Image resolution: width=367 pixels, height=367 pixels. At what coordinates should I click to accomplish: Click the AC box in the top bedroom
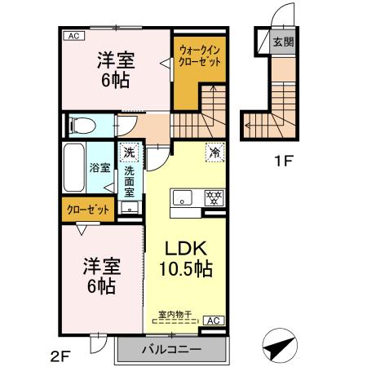[73, 36]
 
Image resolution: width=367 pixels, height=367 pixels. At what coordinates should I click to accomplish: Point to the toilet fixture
[80, 125]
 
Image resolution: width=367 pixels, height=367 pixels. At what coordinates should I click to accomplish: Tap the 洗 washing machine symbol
[129, 152]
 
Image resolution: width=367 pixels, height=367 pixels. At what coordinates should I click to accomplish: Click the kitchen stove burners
[214, 197]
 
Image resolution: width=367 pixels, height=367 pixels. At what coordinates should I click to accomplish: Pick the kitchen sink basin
[181, 197]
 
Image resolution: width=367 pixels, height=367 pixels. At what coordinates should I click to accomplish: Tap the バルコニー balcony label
[172, 351]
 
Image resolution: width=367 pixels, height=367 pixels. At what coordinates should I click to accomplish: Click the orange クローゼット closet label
[88, 210]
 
